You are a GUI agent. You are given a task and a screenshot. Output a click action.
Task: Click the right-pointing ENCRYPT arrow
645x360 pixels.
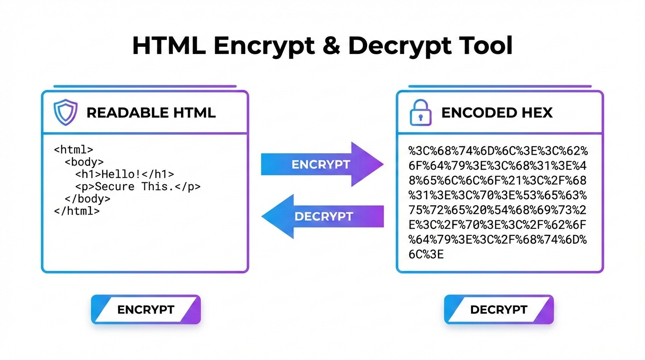pyautogui.click(x=322, y=165)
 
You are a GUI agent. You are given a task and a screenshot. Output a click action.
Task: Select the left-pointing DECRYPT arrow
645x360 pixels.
pyautogui.click(x=322, y=217)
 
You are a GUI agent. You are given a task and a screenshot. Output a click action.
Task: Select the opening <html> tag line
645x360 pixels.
pyautogui.click(x=74, y=150)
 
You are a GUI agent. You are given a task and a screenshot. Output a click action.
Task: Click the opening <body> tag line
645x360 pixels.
pyautogui.click(x=84, y=162)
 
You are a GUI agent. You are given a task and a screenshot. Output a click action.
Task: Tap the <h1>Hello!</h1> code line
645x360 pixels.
pyautogui.click(x=124, y=174)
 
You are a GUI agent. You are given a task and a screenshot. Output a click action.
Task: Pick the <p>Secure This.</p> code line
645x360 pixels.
pyautogui.click(x=138, y=187)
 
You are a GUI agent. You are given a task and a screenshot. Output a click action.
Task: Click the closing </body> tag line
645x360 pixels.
pyautogui.click(x=88, y=199)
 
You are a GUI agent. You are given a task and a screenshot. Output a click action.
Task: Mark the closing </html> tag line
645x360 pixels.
pyautogui.click(x=77, y=211)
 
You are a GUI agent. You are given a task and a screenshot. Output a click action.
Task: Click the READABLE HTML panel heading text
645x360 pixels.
pyautogui.click(x=151, y=112)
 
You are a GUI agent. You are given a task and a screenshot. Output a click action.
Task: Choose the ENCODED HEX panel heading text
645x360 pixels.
pyautogui.click(x=497, y=112)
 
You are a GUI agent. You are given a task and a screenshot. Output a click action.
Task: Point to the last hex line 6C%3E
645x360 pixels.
pyautogui.click(x=426, y=255)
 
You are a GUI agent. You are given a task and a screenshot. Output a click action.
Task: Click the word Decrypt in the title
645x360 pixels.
pyautogui.click(x=397, y=45)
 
